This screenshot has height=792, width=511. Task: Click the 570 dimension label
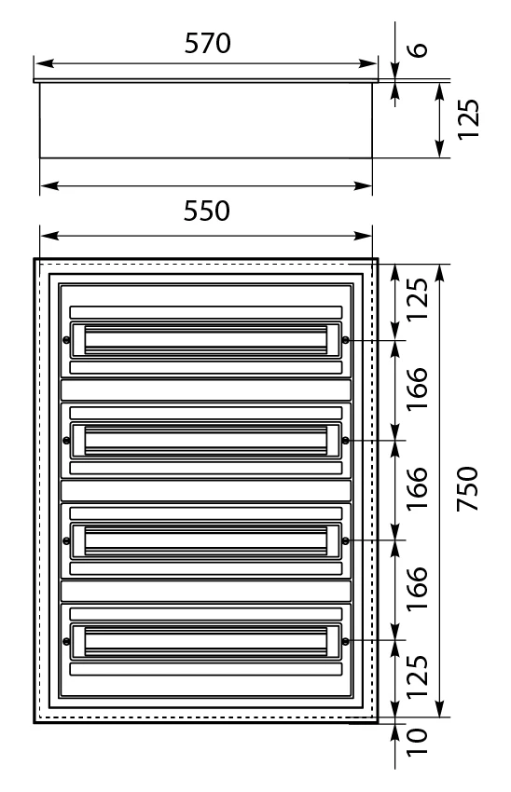[207, 44]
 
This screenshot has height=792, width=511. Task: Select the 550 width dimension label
[206, 211]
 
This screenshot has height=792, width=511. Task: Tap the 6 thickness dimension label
[418, 49]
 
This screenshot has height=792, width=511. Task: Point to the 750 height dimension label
[467, 488]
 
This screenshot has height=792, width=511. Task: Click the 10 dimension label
[418, 742]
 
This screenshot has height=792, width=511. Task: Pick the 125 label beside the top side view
[468, 119]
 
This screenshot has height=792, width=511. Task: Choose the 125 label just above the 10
[418, 676]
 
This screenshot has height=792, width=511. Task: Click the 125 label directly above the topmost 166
[418, 299]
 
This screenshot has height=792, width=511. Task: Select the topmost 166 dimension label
[418, 389]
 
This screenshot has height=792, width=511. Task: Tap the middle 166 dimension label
[418, 488]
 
